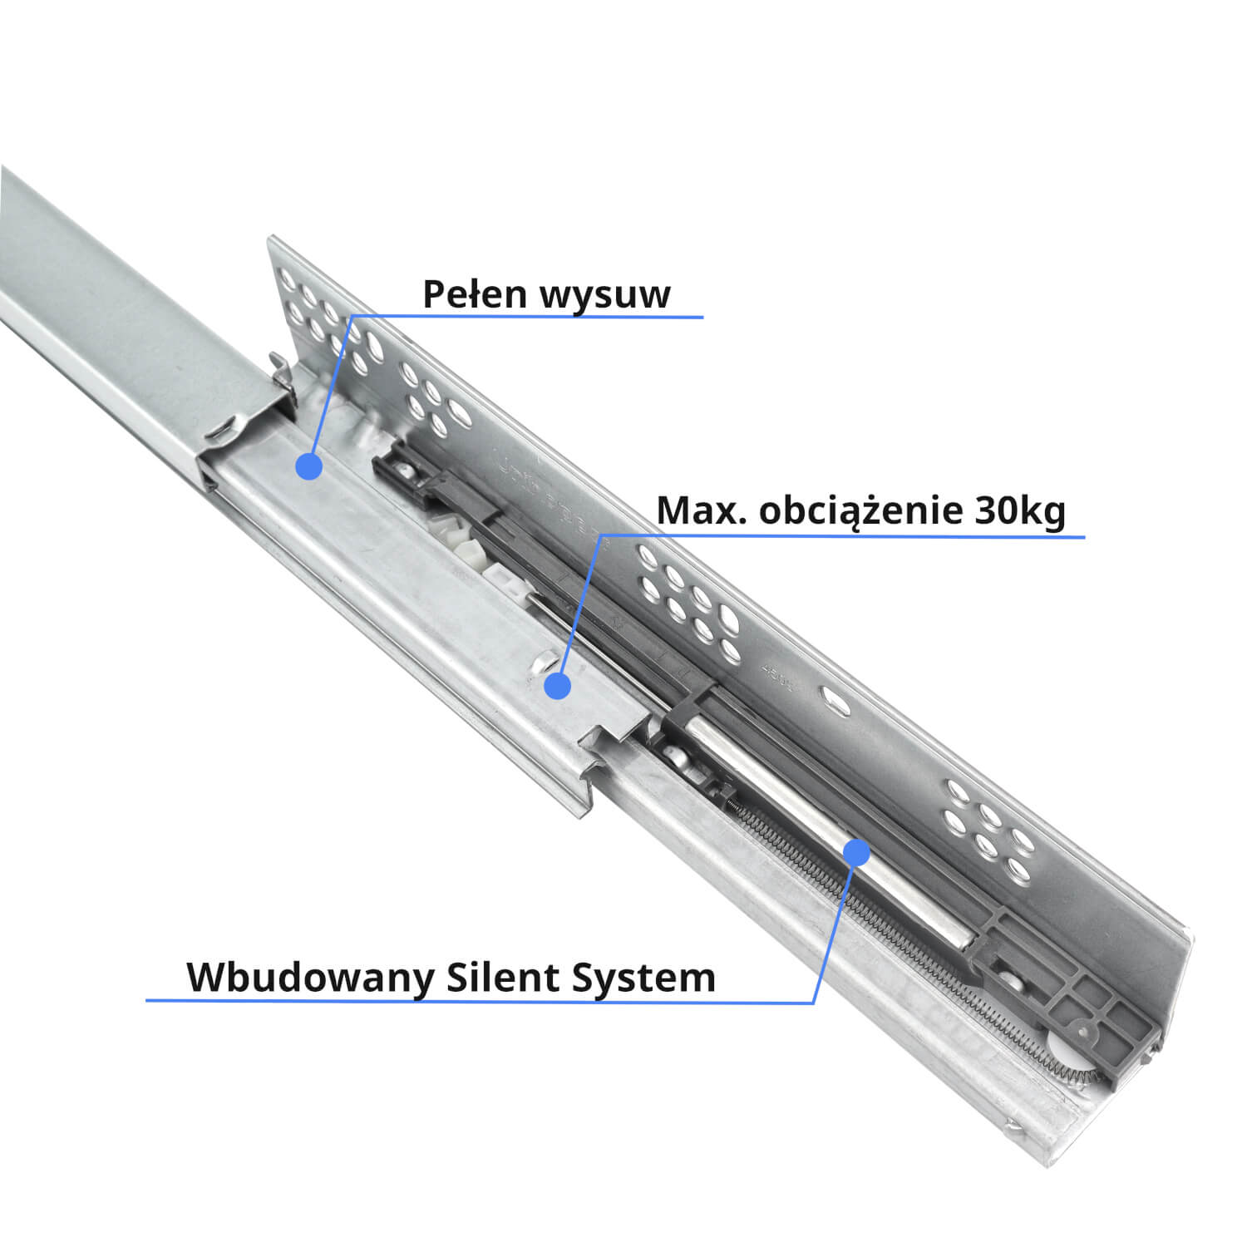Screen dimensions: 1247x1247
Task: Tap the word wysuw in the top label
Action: [604, 296]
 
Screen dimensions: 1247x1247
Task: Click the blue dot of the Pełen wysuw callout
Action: [309, 466]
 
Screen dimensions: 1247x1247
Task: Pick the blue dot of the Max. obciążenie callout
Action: [557, 686]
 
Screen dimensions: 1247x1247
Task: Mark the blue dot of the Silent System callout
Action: [856, 852]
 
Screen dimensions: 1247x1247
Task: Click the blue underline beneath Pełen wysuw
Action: [532, 317]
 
